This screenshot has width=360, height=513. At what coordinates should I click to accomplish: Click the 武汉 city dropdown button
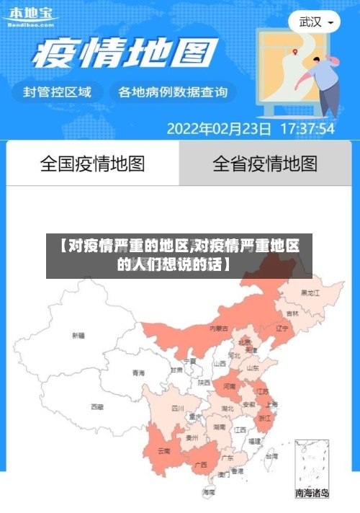click(x=315, y=22)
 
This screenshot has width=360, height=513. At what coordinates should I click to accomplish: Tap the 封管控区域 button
click(x=58, y=92)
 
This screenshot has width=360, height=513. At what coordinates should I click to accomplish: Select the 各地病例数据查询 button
click(x=173, y=92)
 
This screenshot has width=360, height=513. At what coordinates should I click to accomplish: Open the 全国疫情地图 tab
click(x=92, y=164)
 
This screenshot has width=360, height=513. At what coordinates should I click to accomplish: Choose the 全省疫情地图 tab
click(x=265, y=164)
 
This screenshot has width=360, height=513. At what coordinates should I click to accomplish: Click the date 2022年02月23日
click(x=219, y=130)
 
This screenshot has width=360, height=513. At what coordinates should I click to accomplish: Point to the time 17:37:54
click(x=307, y=130)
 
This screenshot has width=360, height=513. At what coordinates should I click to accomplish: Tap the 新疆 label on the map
click(x=78, y=335)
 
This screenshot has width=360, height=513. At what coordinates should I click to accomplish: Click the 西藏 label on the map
click(x=96, y=406)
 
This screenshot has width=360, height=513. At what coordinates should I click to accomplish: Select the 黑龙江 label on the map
click(x=310, y=293)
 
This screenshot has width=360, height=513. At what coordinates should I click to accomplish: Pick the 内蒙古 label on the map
click(x=218, y=329)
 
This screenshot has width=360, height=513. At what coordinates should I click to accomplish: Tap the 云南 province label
click(x=163, y=451)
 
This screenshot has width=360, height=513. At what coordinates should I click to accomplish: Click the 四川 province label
click(x=178, y=408)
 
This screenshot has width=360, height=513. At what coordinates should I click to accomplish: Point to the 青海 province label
click(x=138, y=373)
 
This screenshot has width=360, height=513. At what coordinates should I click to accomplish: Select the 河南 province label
click(x=229, y=386)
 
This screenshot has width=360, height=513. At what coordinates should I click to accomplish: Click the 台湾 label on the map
click(x=271, y=456)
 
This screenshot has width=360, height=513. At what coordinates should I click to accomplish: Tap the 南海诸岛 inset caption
click(x=312, y=494)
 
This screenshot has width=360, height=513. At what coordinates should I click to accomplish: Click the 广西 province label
click(x=202, y=464)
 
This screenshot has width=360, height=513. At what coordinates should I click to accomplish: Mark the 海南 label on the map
click(x=210, y=492)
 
